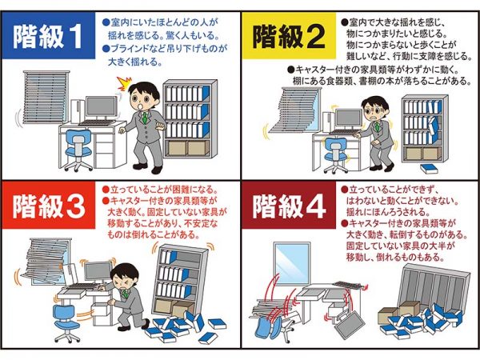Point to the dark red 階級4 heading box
coord(288,207)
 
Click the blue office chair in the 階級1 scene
coord(78,149)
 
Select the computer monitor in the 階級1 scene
coord(102,106)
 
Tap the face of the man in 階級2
coord(374,107)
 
